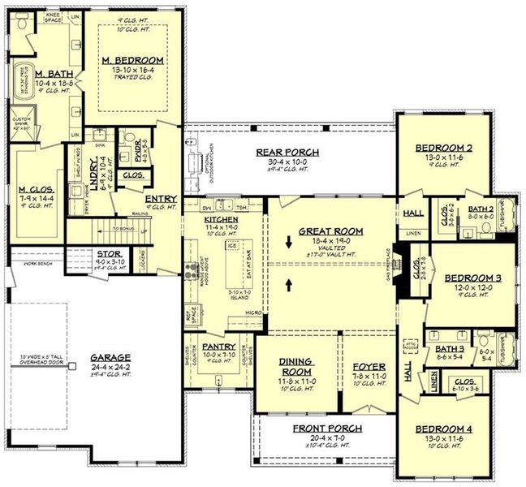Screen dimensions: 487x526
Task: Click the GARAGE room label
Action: (107, 356)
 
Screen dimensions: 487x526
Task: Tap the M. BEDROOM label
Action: (132, 60)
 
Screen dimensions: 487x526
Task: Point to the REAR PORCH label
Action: (287, 152)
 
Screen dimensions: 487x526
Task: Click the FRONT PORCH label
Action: (323, 428)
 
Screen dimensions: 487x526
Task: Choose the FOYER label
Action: (366, 366)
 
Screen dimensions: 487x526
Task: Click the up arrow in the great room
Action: (289, 286)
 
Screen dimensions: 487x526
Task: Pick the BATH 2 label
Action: (481, 209)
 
